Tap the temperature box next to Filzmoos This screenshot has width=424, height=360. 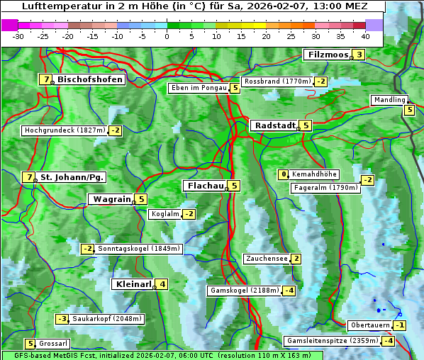pyautogui.click(x=359, y=55)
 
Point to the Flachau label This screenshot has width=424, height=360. pyautogui.click(x=205, y=186)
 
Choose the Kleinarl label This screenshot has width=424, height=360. pyautogui.click(x=133, y=284)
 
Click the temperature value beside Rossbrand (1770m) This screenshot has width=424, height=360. pyautogui.click(x=321, y=81)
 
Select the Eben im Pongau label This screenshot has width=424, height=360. pyautogui.click(x=198, y=89)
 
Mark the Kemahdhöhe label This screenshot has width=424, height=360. pyautogui.click(x=314, y=174)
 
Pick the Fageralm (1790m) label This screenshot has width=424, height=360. pyautogui.click(x=325, y=188)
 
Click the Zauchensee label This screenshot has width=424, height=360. pyautogui.click(x=267, y=259)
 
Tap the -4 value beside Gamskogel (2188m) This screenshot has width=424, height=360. pyautogui.click(x=289, y=291)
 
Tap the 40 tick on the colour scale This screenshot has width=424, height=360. pyautogui.click(x=364, y=36)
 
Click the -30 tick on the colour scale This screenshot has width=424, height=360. pyautogui.click(x=18, y=36)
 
